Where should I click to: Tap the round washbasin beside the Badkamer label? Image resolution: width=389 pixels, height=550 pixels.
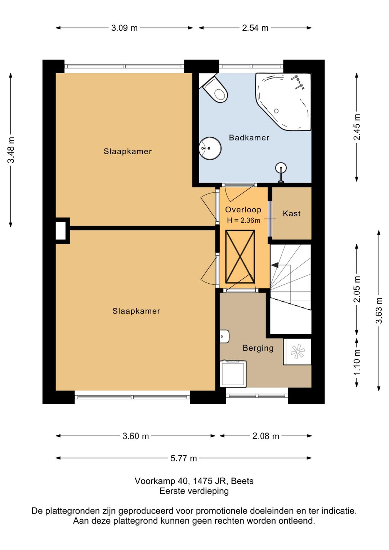click(x=210, y=148)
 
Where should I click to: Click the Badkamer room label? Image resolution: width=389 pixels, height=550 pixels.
click(x=249, y=138)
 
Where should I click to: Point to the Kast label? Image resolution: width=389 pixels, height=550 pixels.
click(x=291, y=213)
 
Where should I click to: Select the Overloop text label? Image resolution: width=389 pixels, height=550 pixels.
click(x=243, y=210)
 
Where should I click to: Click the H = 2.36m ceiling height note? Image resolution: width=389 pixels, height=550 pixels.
click(x=243, y=221)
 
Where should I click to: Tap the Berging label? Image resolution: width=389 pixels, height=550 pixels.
click(x=258, y=348)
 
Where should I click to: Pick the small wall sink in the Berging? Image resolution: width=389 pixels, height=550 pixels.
click(x=224, y=336)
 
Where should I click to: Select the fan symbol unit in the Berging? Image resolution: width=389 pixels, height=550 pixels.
click(x=297, y=352)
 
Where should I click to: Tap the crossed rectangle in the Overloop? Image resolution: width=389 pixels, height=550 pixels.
click(x=240, y=257)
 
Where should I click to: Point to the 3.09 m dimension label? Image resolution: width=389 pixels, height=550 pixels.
click(x=124, y=28)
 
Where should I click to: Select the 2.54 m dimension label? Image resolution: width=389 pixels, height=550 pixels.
click(x=255, y=28)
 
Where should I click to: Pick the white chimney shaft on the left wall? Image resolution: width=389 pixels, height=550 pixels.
click(x=61, y=231)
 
